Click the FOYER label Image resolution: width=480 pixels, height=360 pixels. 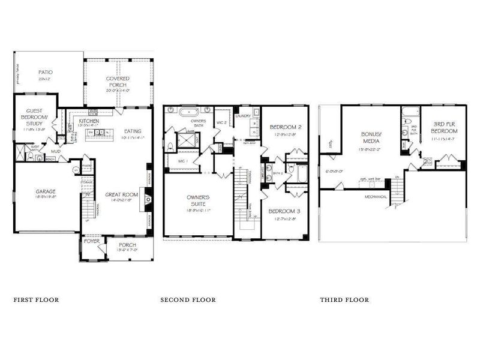click(x=91, y=243)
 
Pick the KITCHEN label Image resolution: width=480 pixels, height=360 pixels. click(x=89, y=121)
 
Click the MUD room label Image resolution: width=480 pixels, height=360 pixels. click(x=55, y=151)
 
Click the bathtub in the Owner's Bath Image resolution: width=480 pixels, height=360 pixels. click(x=190, y=112)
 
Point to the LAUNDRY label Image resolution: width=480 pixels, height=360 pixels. click(x=243, y=116)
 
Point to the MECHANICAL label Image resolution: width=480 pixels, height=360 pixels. click(x=376, y=197)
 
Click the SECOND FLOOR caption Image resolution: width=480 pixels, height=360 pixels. click(x=188, y=299)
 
